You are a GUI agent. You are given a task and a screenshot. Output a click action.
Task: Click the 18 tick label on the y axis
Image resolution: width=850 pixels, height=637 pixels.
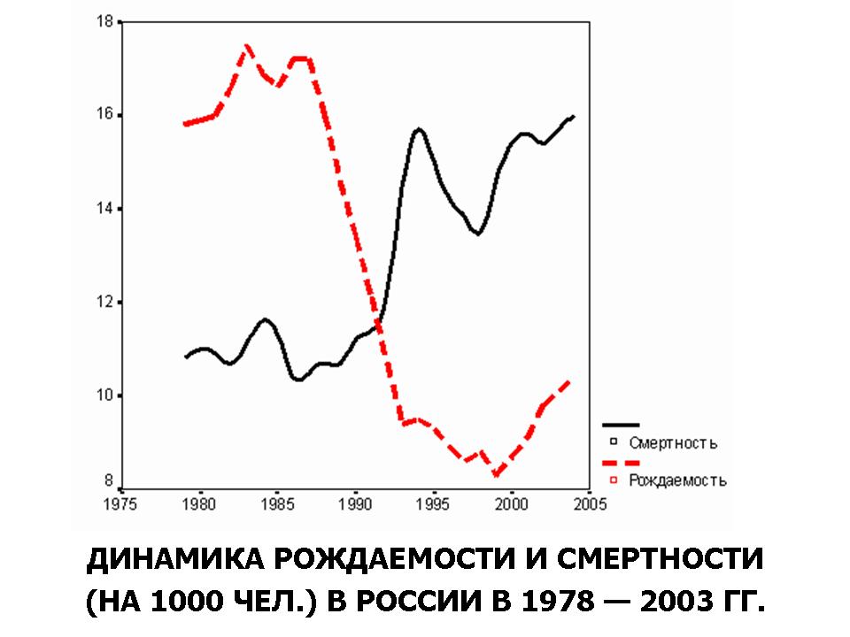tap(105, 21)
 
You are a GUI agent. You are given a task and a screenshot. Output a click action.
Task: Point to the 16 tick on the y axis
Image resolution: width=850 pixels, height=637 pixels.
tap(105, 115)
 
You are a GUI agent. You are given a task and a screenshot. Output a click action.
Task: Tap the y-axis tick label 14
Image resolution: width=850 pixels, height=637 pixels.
tap(105, 209)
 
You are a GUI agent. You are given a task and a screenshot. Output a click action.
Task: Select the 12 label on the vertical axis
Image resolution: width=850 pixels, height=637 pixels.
tap(105, 303)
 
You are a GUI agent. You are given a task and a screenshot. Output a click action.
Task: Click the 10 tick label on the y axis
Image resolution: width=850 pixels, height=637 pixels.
tap(105, 395)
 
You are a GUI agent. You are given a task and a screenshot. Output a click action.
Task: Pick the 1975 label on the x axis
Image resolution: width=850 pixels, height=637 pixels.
tap(122, 504)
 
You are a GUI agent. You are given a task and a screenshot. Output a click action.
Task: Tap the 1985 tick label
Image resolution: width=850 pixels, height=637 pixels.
tap(278, 504)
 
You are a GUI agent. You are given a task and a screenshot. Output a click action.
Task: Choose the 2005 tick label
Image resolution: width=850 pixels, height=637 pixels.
tap(589, 504)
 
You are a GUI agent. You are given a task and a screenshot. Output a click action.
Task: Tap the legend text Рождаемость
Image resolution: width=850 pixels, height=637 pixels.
tap(677, 480)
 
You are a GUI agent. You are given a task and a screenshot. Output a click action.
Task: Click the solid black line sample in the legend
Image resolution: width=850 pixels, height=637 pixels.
tap(621, 425)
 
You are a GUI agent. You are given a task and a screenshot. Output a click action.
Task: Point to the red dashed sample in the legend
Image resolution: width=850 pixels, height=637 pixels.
tap(621, 463)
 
